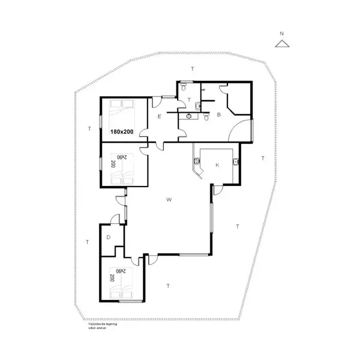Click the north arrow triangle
coord(282,43)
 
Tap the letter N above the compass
coord(282,34)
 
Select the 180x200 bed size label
coord(122,131)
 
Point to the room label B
coord(219,114)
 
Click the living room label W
coord(170,199)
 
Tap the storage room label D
coord(108,238)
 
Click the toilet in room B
coord(206,118)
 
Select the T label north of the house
coord(192,69)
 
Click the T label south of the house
coord(168,286)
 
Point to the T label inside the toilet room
coord(189,100)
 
